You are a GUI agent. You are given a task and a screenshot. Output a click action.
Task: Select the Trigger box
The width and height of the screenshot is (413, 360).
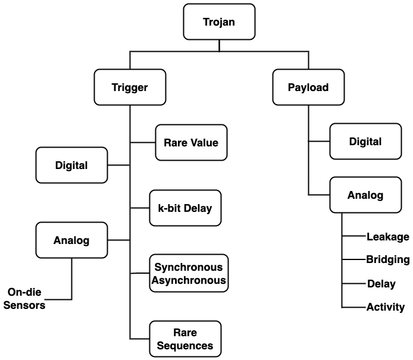[130, 87]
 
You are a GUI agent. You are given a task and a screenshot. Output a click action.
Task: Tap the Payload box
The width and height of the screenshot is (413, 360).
[308, 87]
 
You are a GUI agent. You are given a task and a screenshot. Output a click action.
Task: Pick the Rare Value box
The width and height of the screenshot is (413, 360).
[191, 142]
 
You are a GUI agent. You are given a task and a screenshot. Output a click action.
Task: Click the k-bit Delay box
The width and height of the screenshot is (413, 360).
[185, 208]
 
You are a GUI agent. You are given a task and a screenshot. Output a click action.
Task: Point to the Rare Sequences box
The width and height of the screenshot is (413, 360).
[185, 339]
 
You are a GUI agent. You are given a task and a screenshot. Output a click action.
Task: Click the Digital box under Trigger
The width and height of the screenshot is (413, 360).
[71, 165]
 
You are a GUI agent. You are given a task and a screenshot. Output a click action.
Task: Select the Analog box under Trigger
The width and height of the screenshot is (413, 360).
[71, 240]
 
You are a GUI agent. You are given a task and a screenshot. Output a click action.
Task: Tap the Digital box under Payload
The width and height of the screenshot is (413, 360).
[365, 142]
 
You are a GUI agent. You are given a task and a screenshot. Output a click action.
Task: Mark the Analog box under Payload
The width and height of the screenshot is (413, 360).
[365, 195]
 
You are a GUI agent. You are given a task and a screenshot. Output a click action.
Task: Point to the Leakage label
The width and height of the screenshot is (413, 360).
[387, 237]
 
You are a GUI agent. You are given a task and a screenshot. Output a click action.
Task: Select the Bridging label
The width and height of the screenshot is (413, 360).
[387, 259]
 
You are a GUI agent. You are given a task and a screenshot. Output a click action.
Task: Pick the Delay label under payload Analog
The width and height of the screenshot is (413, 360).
[381, 284]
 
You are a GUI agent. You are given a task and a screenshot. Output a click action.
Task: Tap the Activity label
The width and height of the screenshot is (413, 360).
[385, 307]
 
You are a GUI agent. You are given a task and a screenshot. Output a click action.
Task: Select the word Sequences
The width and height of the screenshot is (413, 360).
[185, 345]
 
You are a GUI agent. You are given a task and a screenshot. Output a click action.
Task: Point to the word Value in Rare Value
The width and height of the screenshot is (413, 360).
[205, 142]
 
